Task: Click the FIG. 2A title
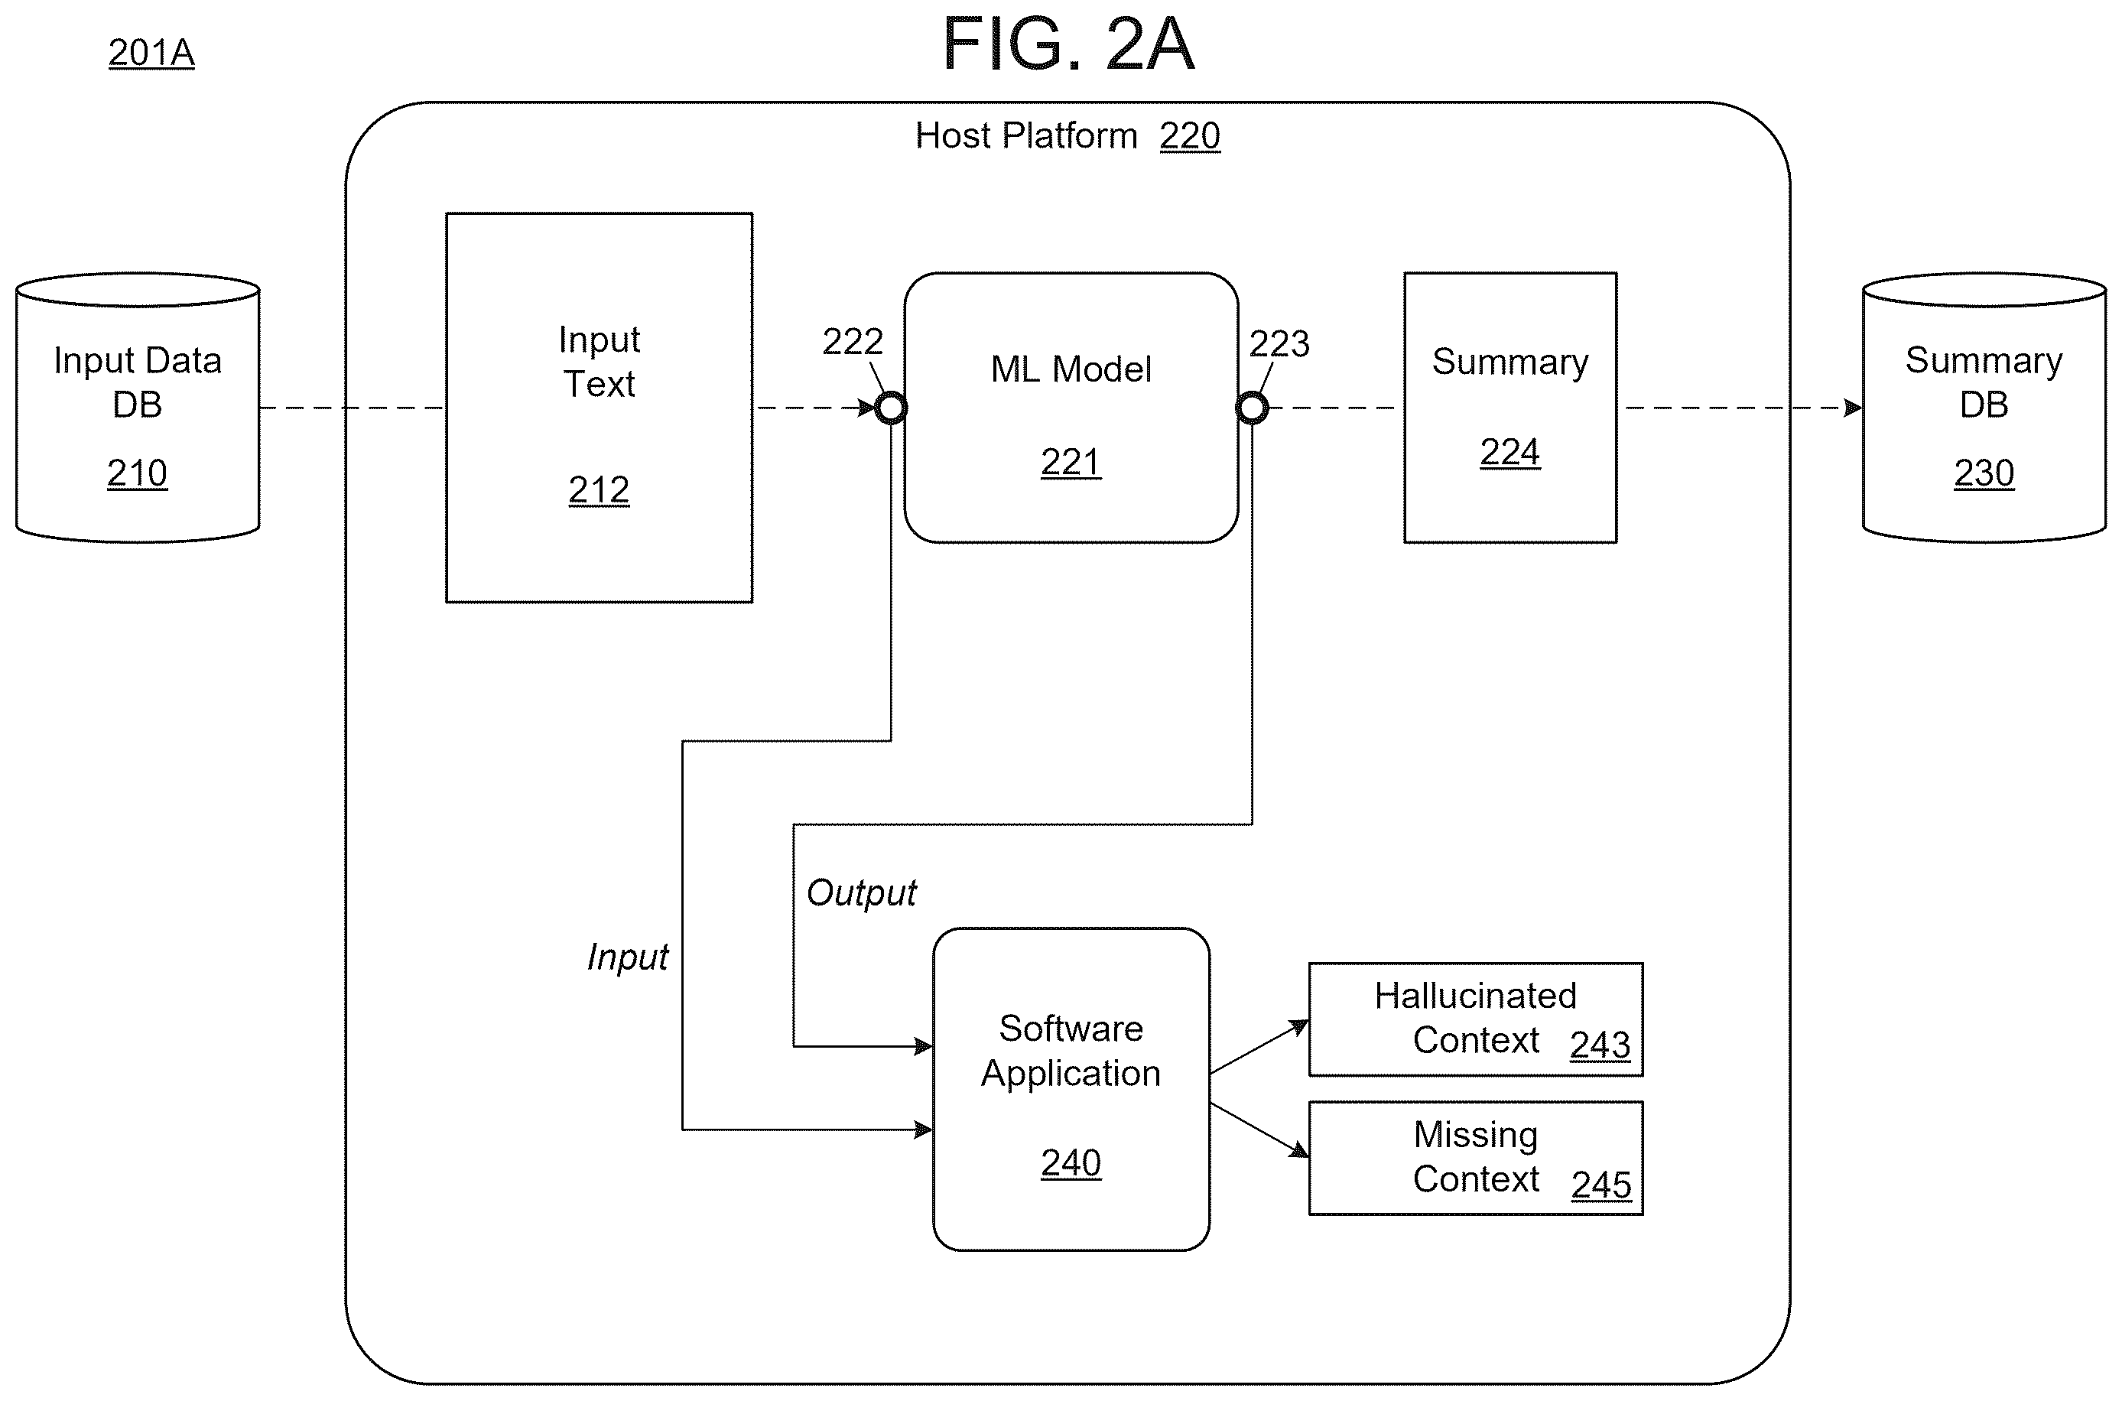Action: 1068,44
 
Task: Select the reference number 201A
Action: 151,53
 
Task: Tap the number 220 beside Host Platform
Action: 1189,136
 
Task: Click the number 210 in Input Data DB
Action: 137,473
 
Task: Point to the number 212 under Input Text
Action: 599,489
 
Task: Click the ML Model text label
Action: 1071,369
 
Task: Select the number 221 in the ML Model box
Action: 1071,462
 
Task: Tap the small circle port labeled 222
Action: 891,408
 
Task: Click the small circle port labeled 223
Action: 1252,408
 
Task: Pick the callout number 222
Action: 853,341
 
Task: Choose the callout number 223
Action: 1279,344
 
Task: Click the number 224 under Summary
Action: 1510,452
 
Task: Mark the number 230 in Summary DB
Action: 1984,473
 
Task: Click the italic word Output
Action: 861,892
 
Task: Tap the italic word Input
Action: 627,957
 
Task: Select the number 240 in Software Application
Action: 1071,1162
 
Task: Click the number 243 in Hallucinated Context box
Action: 1600,1045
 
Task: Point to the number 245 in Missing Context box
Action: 1601,1185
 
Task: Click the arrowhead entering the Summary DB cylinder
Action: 1853,408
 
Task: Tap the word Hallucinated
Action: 1475,996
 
